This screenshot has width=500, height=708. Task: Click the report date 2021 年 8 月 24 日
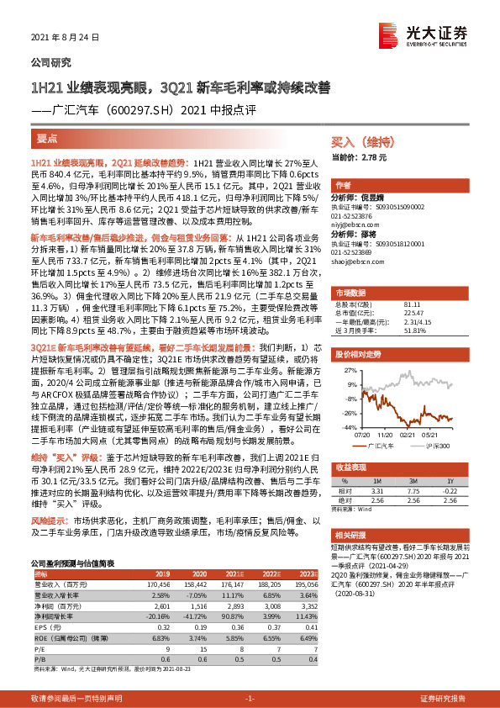(65, 38)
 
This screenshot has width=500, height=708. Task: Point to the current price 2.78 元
(371, 157)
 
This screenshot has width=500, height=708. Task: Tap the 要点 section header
(47, 138)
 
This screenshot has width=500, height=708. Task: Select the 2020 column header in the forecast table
(198, 574)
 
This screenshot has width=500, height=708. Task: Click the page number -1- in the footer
(250, 699)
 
